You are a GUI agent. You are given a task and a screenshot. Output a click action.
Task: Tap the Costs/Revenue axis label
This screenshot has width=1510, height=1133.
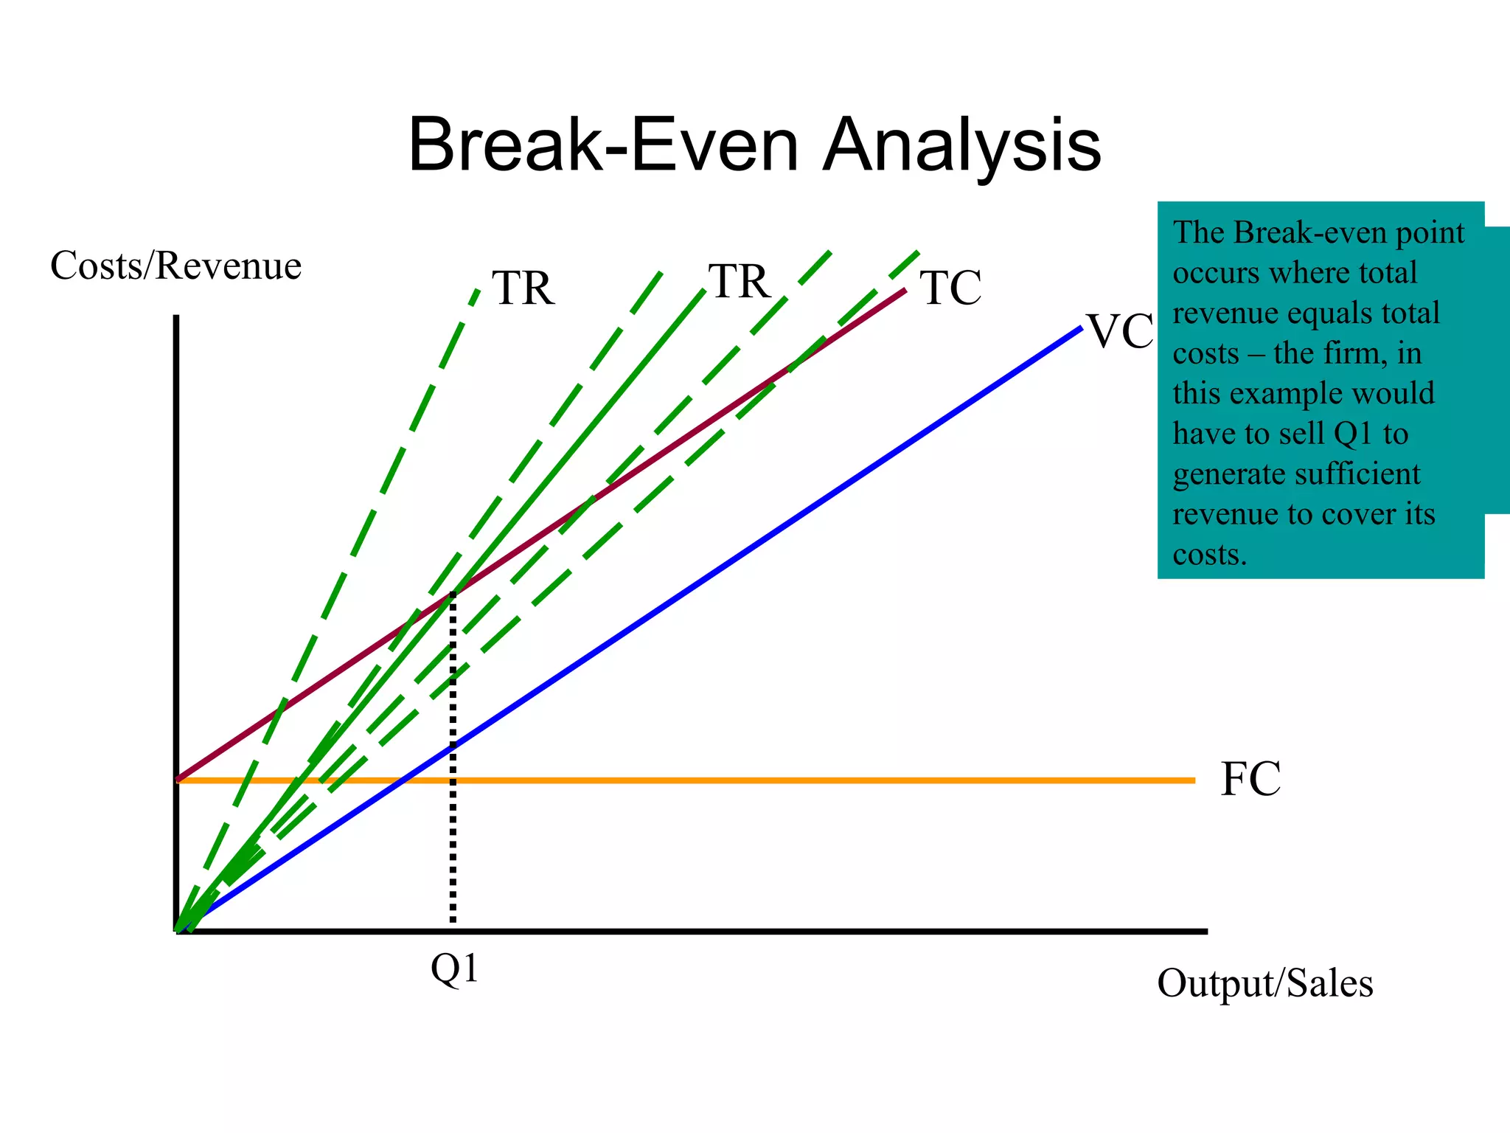tap(175, 266)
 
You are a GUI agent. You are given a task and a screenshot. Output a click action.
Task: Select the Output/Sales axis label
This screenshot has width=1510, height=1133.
tap(1264, 983)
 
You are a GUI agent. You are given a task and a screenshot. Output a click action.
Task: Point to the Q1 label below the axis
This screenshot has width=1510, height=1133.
tap(454, 969)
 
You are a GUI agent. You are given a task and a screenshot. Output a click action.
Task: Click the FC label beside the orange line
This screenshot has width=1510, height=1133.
tap(1250, 779)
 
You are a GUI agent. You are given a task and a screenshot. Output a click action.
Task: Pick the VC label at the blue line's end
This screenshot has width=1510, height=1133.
tap(1120, 332)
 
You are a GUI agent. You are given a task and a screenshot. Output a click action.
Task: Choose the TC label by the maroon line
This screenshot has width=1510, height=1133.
tap(950, 288)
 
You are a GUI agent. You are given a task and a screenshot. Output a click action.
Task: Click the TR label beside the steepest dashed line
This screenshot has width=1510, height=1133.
tap(523, 288)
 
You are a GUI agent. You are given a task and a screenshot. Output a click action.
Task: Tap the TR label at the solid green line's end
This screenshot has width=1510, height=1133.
tap(740, 282)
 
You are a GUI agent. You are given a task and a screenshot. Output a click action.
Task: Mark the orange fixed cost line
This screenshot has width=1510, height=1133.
tap(811, 780)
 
